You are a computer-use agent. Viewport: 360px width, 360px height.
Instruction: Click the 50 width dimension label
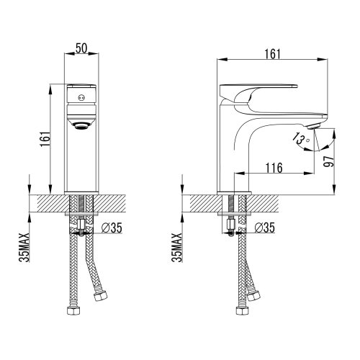[x=81, y=48]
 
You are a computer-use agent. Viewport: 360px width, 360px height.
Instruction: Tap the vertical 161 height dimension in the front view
[x=45, y=139]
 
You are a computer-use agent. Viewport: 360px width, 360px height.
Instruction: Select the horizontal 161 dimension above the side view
[x=273, y=54]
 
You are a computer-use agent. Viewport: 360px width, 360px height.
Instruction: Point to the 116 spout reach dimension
[x=274, y=168]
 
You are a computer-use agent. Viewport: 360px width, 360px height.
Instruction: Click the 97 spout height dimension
[x=328, y=161]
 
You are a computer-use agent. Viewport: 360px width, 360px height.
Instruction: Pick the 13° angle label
[x=301, y=139]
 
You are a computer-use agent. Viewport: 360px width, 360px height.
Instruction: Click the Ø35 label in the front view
[x=112, y=228]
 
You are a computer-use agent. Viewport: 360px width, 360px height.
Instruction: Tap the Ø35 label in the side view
[x=265, y=228]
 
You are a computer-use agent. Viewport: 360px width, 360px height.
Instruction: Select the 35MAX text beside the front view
[x=24, y=247]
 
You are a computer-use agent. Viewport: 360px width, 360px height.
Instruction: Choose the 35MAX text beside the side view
[x=177, y=247]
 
